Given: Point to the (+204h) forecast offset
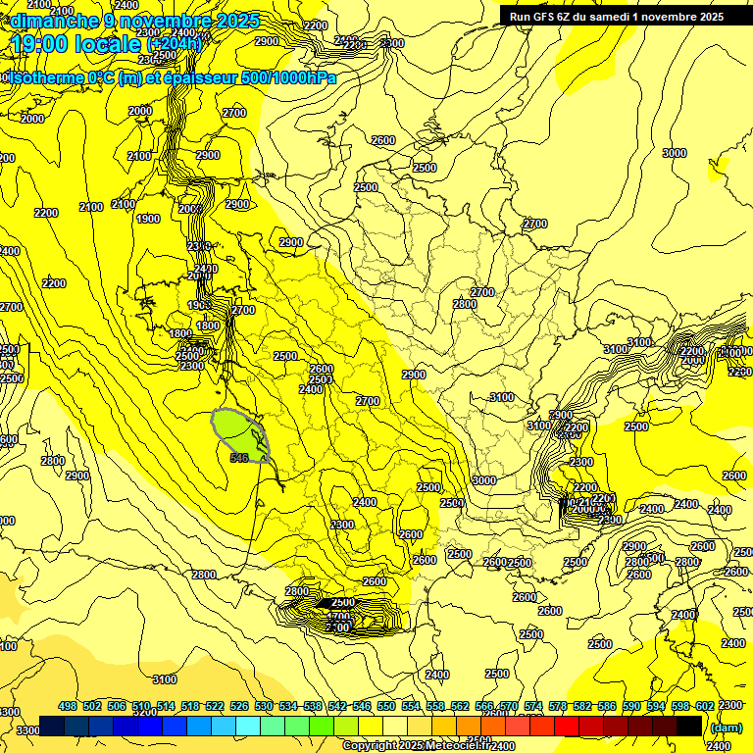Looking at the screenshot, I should coord(175,44).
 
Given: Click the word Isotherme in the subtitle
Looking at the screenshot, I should coord(45,78).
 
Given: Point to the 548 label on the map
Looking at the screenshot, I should coord(238,457).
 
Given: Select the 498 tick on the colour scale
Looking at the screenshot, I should coord(68,706).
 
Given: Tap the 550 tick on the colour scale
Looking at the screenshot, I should coord(386,706).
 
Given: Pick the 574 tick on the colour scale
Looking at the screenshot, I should coord(533,706).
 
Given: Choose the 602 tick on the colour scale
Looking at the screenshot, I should coord(704,706).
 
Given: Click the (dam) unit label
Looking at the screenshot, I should coord(726,727).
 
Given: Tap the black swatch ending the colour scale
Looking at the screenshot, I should coord(689,727).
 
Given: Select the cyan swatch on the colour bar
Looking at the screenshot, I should coord(248,727).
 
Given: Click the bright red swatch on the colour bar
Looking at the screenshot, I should coord(567,727).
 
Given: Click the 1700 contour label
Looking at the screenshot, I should coord(338,616).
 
